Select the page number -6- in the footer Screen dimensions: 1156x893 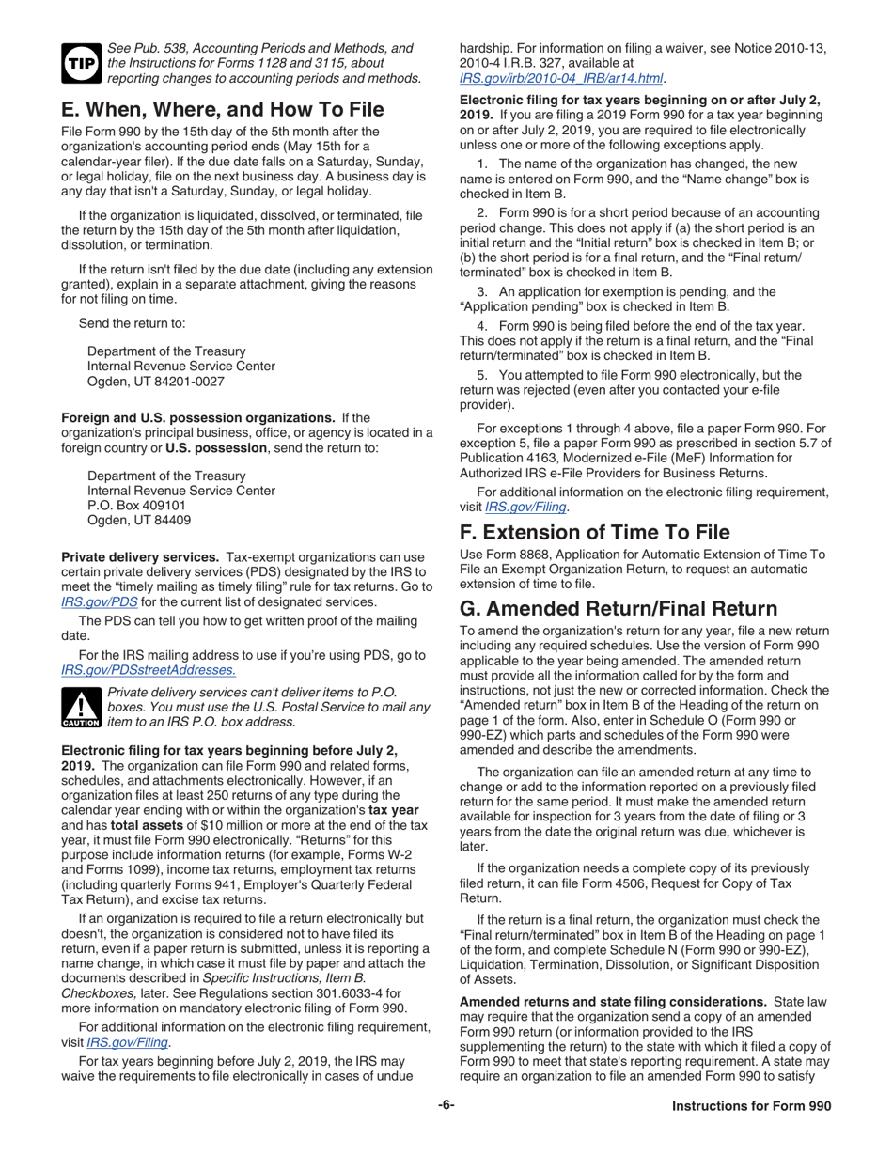(446, 1132)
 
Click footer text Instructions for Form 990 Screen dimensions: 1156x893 (751, 1133)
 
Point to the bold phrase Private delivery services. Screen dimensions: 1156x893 (140, 555)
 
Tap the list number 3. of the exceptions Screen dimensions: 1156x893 (483, 291)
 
